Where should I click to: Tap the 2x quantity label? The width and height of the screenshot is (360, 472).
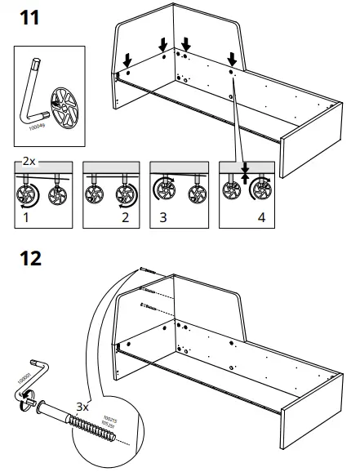tap(29, 162)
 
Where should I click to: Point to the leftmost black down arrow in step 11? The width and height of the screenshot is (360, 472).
tap(127, 61)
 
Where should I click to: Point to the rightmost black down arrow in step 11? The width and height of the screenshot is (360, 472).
tap(233, 59)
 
